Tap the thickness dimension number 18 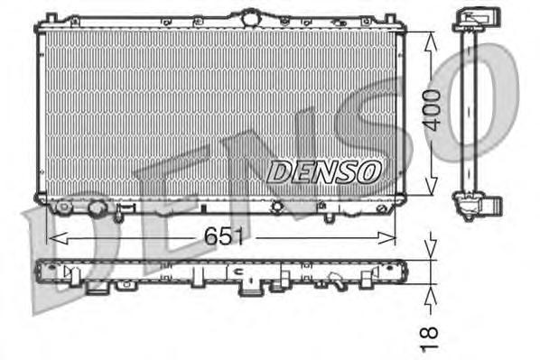click(431, 336)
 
